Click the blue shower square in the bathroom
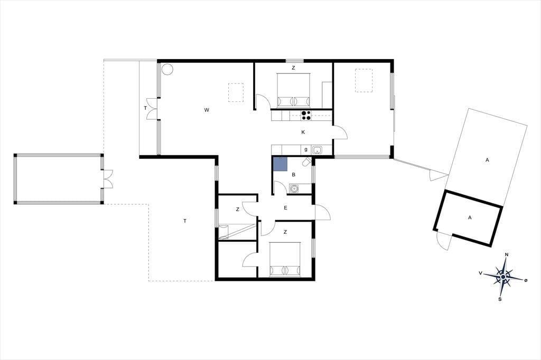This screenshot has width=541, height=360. [280, 164]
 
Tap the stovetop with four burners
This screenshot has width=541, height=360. [306, 115]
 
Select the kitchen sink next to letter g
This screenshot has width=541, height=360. [318, 150]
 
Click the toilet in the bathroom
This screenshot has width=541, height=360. [307, 162]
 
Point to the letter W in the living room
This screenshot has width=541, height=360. [207, 110]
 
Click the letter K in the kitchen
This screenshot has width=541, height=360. [303, 132]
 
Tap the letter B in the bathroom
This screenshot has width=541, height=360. [294, 175]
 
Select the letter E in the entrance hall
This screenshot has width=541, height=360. [285, 207]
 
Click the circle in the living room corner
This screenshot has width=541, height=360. [167, 69]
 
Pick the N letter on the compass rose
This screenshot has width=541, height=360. [507, 255]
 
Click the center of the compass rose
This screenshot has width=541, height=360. [503, 277]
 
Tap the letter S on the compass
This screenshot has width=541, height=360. [500, 299]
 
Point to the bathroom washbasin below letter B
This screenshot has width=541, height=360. [294, 188]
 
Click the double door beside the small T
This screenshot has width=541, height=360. [152, 109]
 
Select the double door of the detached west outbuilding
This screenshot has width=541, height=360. [107, 178]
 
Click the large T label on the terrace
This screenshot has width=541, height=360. [185, 221]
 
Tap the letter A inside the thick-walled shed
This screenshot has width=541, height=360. [470, 217]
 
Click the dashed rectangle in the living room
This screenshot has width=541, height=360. [236, 92]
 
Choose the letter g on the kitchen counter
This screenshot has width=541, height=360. [306, 150]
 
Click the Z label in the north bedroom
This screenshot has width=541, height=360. [293, 68]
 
